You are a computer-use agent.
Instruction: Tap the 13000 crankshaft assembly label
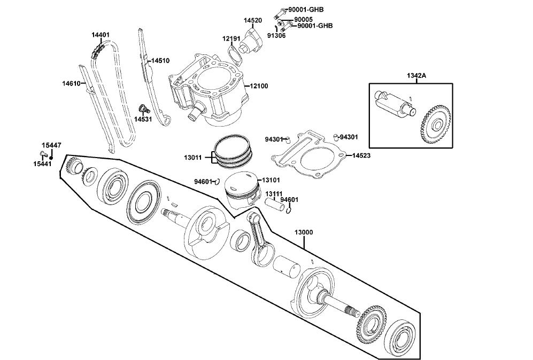pyautogui.click(x=304, y=232)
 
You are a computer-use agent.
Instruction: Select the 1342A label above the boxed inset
pyautogui.click(x=416, y=75)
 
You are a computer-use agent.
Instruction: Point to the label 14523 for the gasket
pyautogui.click(x=361, y=155)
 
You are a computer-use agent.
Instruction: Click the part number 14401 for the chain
pyautogui.click(x=101, y=35)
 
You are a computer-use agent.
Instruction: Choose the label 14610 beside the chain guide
pyautogui.click(x=71, y=83)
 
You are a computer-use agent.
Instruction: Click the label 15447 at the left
pyautogui.click(x=51, y=145)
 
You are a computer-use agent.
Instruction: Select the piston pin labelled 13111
pyautogui.click(x=278, y=204)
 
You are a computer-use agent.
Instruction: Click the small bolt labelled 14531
pyautogui.click(x=143, y=109)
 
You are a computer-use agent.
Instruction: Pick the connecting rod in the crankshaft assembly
pyautogui.click(x=260, y=238)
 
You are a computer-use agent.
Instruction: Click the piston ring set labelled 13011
pyautogui.click(x=232, y=151)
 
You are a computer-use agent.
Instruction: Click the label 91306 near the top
pyautogui.click(x=276, y=35)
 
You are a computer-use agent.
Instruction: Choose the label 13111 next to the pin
pyautogui.click(x=274, y=193)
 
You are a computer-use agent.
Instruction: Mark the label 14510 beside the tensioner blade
pyautogui.click(x=160, y=61)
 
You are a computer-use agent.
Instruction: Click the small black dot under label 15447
pyautogui.click(x=51, y=156)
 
